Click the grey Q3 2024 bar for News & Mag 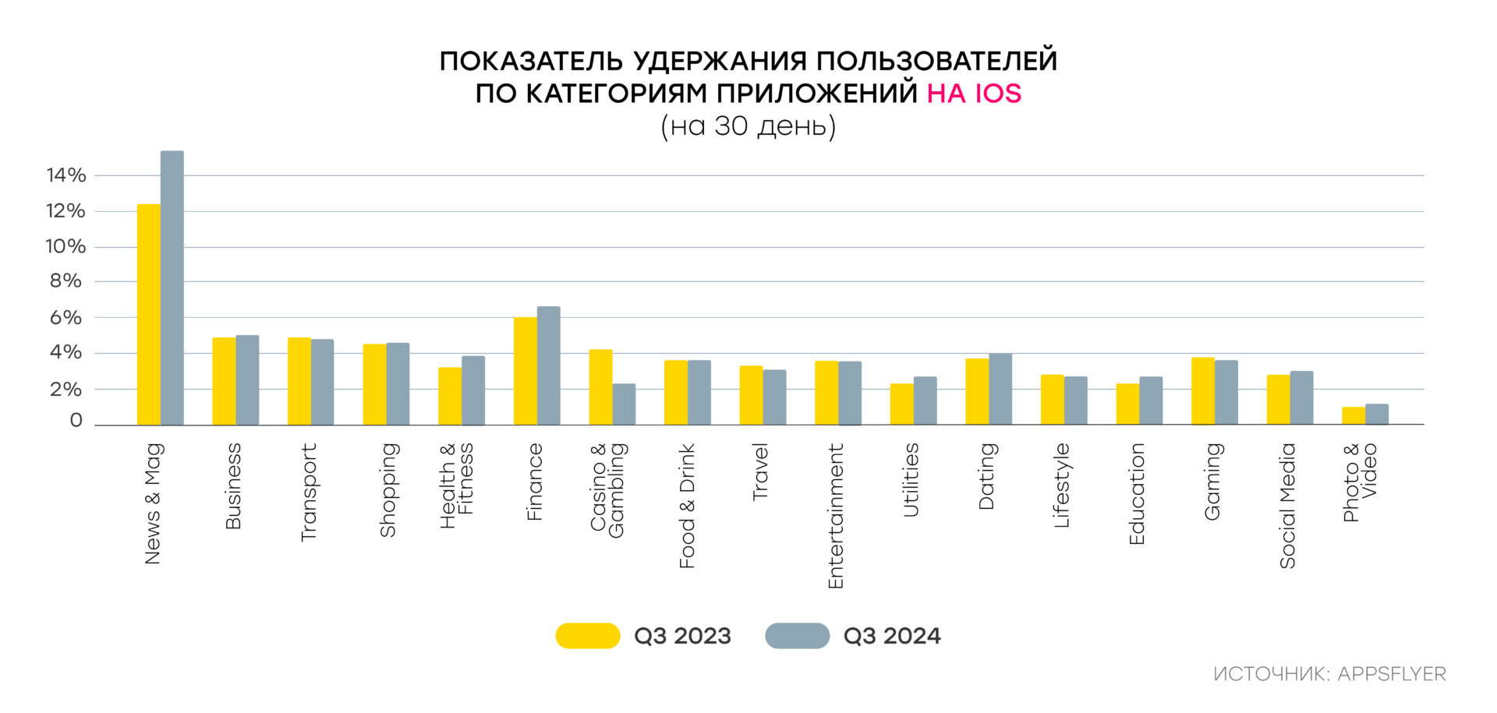click(172, 288)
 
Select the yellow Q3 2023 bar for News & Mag click(149, 315)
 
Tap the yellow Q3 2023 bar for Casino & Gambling click(600, 387)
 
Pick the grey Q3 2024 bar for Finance click(549, 366)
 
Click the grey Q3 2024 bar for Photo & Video click(1377, 415)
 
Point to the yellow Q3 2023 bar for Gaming click(1203, 391)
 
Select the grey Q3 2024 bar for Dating click(1000, 390)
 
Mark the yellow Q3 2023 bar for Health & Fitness click(450, 396)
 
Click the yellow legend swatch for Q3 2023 click(588, 636)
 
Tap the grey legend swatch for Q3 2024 click(798, 636)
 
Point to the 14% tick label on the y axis click(66, 175)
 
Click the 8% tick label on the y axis click(66, 281)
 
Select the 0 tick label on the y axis click(76, 421)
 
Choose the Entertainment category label click(836, 516)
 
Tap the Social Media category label click(1287, 506)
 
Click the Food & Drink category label click(687, 506)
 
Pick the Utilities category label click(911, 480)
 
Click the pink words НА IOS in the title click(974, 94)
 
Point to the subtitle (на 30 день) click(748, 126)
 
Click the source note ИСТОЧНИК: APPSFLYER click(1329, 674)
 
